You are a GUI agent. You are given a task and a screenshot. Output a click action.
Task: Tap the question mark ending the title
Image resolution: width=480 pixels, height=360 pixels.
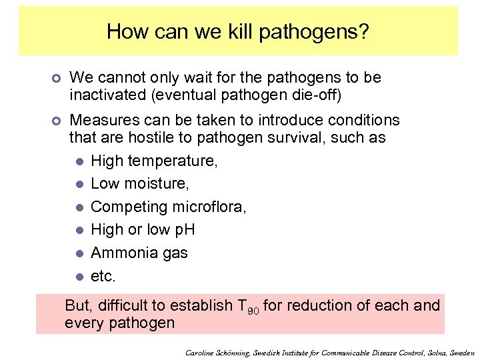click(x=364, y=31)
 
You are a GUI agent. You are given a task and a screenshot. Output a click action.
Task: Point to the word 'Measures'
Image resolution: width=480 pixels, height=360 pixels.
click(x=101, y=121)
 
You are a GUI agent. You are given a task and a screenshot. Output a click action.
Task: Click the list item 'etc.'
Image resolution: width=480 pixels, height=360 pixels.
click(x=103, y=275)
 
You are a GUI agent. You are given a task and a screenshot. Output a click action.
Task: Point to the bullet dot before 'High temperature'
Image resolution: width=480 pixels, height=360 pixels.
click(x=79, y=162)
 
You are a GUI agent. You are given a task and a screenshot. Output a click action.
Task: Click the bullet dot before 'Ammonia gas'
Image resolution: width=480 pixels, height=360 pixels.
click(x=79, y=253)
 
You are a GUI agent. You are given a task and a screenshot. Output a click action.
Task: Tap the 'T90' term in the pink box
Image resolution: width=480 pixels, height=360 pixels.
click(x=248, y=306)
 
